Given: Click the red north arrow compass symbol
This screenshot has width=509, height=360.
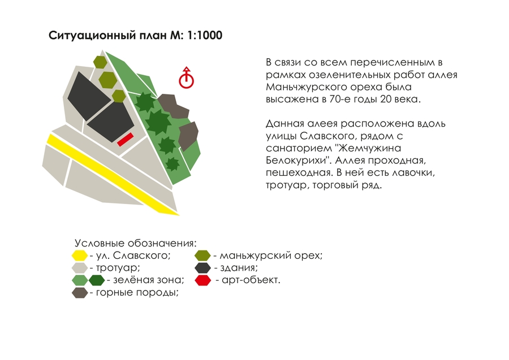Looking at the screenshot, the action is pyautogui.click(x=186, y=78).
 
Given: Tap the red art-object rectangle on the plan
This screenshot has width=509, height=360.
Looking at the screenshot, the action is pyautogui.click(x=126, y=140).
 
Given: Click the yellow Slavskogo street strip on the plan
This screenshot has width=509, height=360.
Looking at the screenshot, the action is pyautogui.click(x=112, y=174).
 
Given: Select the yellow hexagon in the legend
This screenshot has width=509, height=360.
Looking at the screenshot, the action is pyautogui.click(x=80, y=256).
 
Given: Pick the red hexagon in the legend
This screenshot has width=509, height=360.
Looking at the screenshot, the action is pyautogui.click(x=203, y=280).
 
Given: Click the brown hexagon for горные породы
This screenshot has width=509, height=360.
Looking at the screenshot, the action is pyautogui.click(x=80, y=293).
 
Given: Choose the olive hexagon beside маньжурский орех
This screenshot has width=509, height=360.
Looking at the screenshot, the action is pyautogui.click(x=202, y=256).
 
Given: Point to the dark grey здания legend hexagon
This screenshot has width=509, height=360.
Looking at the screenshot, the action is pyautogui.click(x=203, y=268).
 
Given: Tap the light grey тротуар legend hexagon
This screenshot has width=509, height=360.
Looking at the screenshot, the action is pyautogui.click(x=80, y=268).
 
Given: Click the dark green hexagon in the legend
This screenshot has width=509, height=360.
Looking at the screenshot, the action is pyautogui.click(x=97, y=280).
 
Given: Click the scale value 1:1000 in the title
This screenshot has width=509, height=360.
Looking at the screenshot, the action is pyautogui.click(x=205, y=35).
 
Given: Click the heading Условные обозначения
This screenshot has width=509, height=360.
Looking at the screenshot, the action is pyautogui.click(x=136, y=243).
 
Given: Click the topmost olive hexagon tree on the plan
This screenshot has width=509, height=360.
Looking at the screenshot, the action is pyautogui.click(x=100, y=62).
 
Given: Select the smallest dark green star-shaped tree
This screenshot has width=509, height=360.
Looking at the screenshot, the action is pyautogui.click(x=172, y=164).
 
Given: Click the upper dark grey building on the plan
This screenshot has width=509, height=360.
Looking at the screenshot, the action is pyautogui.click(x=89, y=96).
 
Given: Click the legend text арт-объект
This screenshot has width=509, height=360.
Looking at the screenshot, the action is pyautogui.click(x=251, y=280).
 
